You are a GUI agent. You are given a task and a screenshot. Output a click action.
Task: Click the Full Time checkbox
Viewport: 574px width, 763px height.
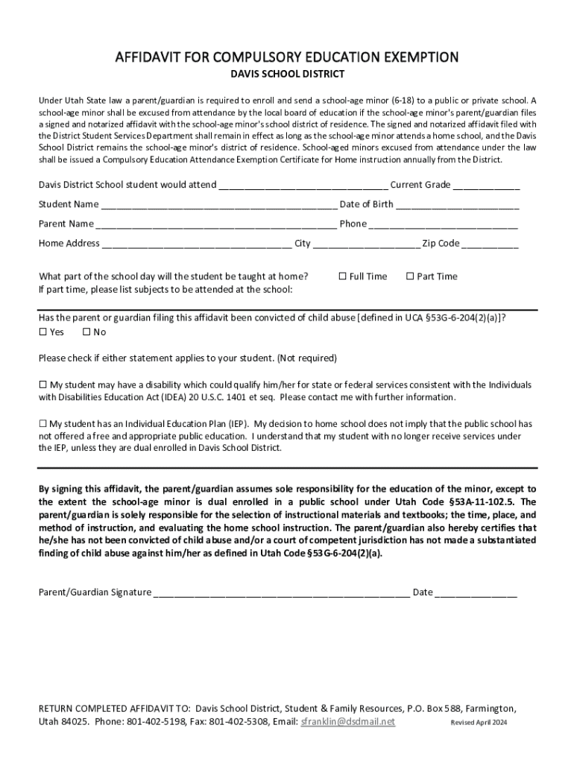tap(343, 276)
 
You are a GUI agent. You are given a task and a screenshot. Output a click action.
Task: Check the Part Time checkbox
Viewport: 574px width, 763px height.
tap(409, 276)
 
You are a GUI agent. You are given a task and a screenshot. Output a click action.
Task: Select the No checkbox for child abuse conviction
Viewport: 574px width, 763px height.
tap(86, 332)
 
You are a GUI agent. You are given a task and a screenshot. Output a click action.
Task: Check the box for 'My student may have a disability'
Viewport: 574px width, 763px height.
tap(42, 384)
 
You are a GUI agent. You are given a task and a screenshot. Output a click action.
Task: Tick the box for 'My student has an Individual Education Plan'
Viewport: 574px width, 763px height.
tap(42, 423)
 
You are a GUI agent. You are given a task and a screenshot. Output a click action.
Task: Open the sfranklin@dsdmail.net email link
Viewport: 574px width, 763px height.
tap(347, 722)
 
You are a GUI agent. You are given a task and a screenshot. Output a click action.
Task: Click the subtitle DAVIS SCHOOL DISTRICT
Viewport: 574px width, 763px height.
tap(286, 75)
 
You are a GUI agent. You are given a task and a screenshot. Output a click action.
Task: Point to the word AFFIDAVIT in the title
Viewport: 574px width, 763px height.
tap(148, 57)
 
